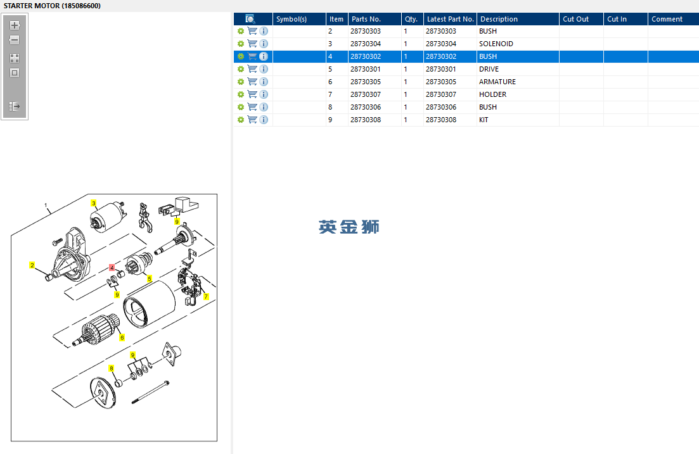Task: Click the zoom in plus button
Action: tap(15, 25)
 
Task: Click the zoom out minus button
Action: tap(15, 40)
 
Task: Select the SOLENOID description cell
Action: tap(496, 44)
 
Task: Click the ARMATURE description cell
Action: tap(497, 82)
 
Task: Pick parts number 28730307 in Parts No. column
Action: tap(366, 94)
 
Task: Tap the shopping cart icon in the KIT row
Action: tap(252, 120)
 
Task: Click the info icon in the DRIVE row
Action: tap(264, 69)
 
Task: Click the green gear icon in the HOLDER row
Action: tap(241, 94)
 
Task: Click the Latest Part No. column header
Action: tap(450, 19)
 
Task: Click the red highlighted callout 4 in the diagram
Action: tap(112, 267)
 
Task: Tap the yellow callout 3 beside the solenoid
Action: tap(94, 203)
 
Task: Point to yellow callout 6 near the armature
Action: tap(122, 337)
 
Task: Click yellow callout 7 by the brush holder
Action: tap(206, 296)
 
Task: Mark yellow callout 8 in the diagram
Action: tap(112, 369)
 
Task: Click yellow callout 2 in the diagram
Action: tap(32, 265)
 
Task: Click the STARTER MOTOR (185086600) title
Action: tap(52, 6)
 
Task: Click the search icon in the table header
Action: tap(250, 19)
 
